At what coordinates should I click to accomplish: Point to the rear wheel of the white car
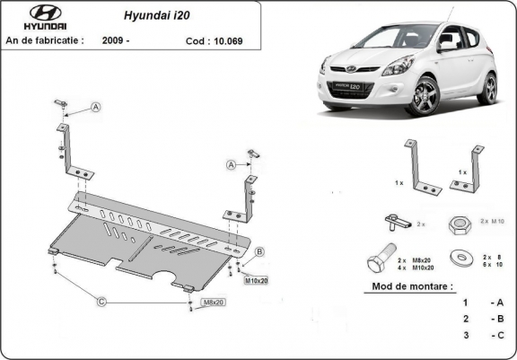[x=488, y=88]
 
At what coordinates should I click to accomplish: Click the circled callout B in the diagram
[x=259, y=251]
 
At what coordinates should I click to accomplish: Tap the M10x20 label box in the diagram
[x=256, y=280]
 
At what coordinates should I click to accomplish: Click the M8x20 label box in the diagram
[x=213, y=303]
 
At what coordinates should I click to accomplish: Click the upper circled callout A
[x=95, y=108]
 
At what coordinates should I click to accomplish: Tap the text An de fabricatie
[x=45, y=40]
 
